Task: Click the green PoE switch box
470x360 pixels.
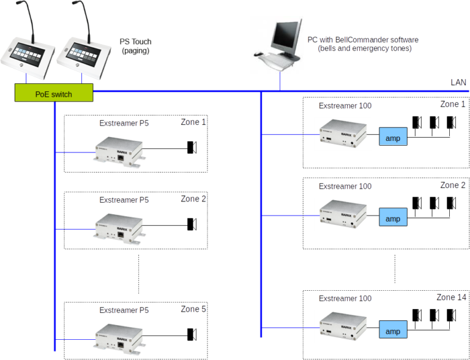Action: tap(54, 94)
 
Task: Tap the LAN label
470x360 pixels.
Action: tap(458, 83)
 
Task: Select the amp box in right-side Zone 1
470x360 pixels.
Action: tap(393, 137)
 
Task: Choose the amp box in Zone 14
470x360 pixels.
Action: tap(393, 330)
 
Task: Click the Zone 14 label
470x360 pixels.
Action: tap(450, 298)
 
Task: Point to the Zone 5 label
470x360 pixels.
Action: tap(193, 310)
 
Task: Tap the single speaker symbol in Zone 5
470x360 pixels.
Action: tap(191, 334)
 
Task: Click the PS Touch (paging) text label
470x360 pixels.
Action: tap(135, 47)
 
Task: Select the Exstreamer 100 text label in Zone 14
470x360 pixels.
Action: tap(345, 298)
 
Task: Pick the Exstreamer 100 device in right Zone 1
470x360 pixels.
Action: tap(342, 133)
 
